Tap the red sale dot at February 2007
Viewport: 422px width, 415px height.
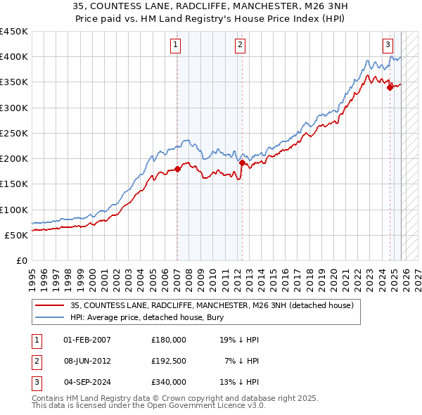pyautogui.click(x=177, y=169)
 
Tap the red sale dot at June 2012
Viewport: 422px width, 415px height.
pyautogui.click(x=242, y=162)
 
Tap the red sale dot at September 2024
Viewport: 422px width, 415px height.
pyautogui.click(x=390, y=87)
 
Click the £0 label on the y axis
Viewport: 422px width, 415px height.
pyautogui.click(x=21, y=260)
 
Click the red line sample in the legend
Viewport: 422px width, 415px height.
pyautogui.click(x=49, y=305)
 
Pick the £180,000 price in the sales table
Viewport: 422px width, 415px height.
pyautogui.click(x=169, y=340)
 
